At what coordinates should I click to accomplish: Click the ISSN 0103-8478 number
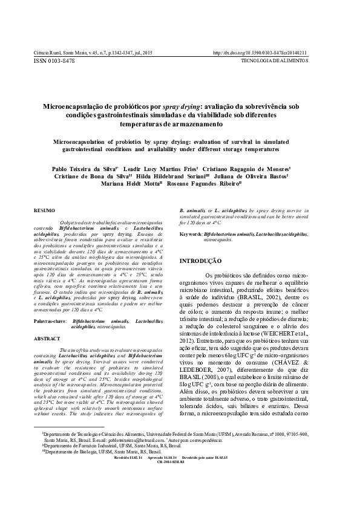54,61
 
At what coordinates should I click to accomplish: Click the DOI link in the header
260,53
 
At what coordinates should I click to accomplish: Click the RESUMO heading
44,210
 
